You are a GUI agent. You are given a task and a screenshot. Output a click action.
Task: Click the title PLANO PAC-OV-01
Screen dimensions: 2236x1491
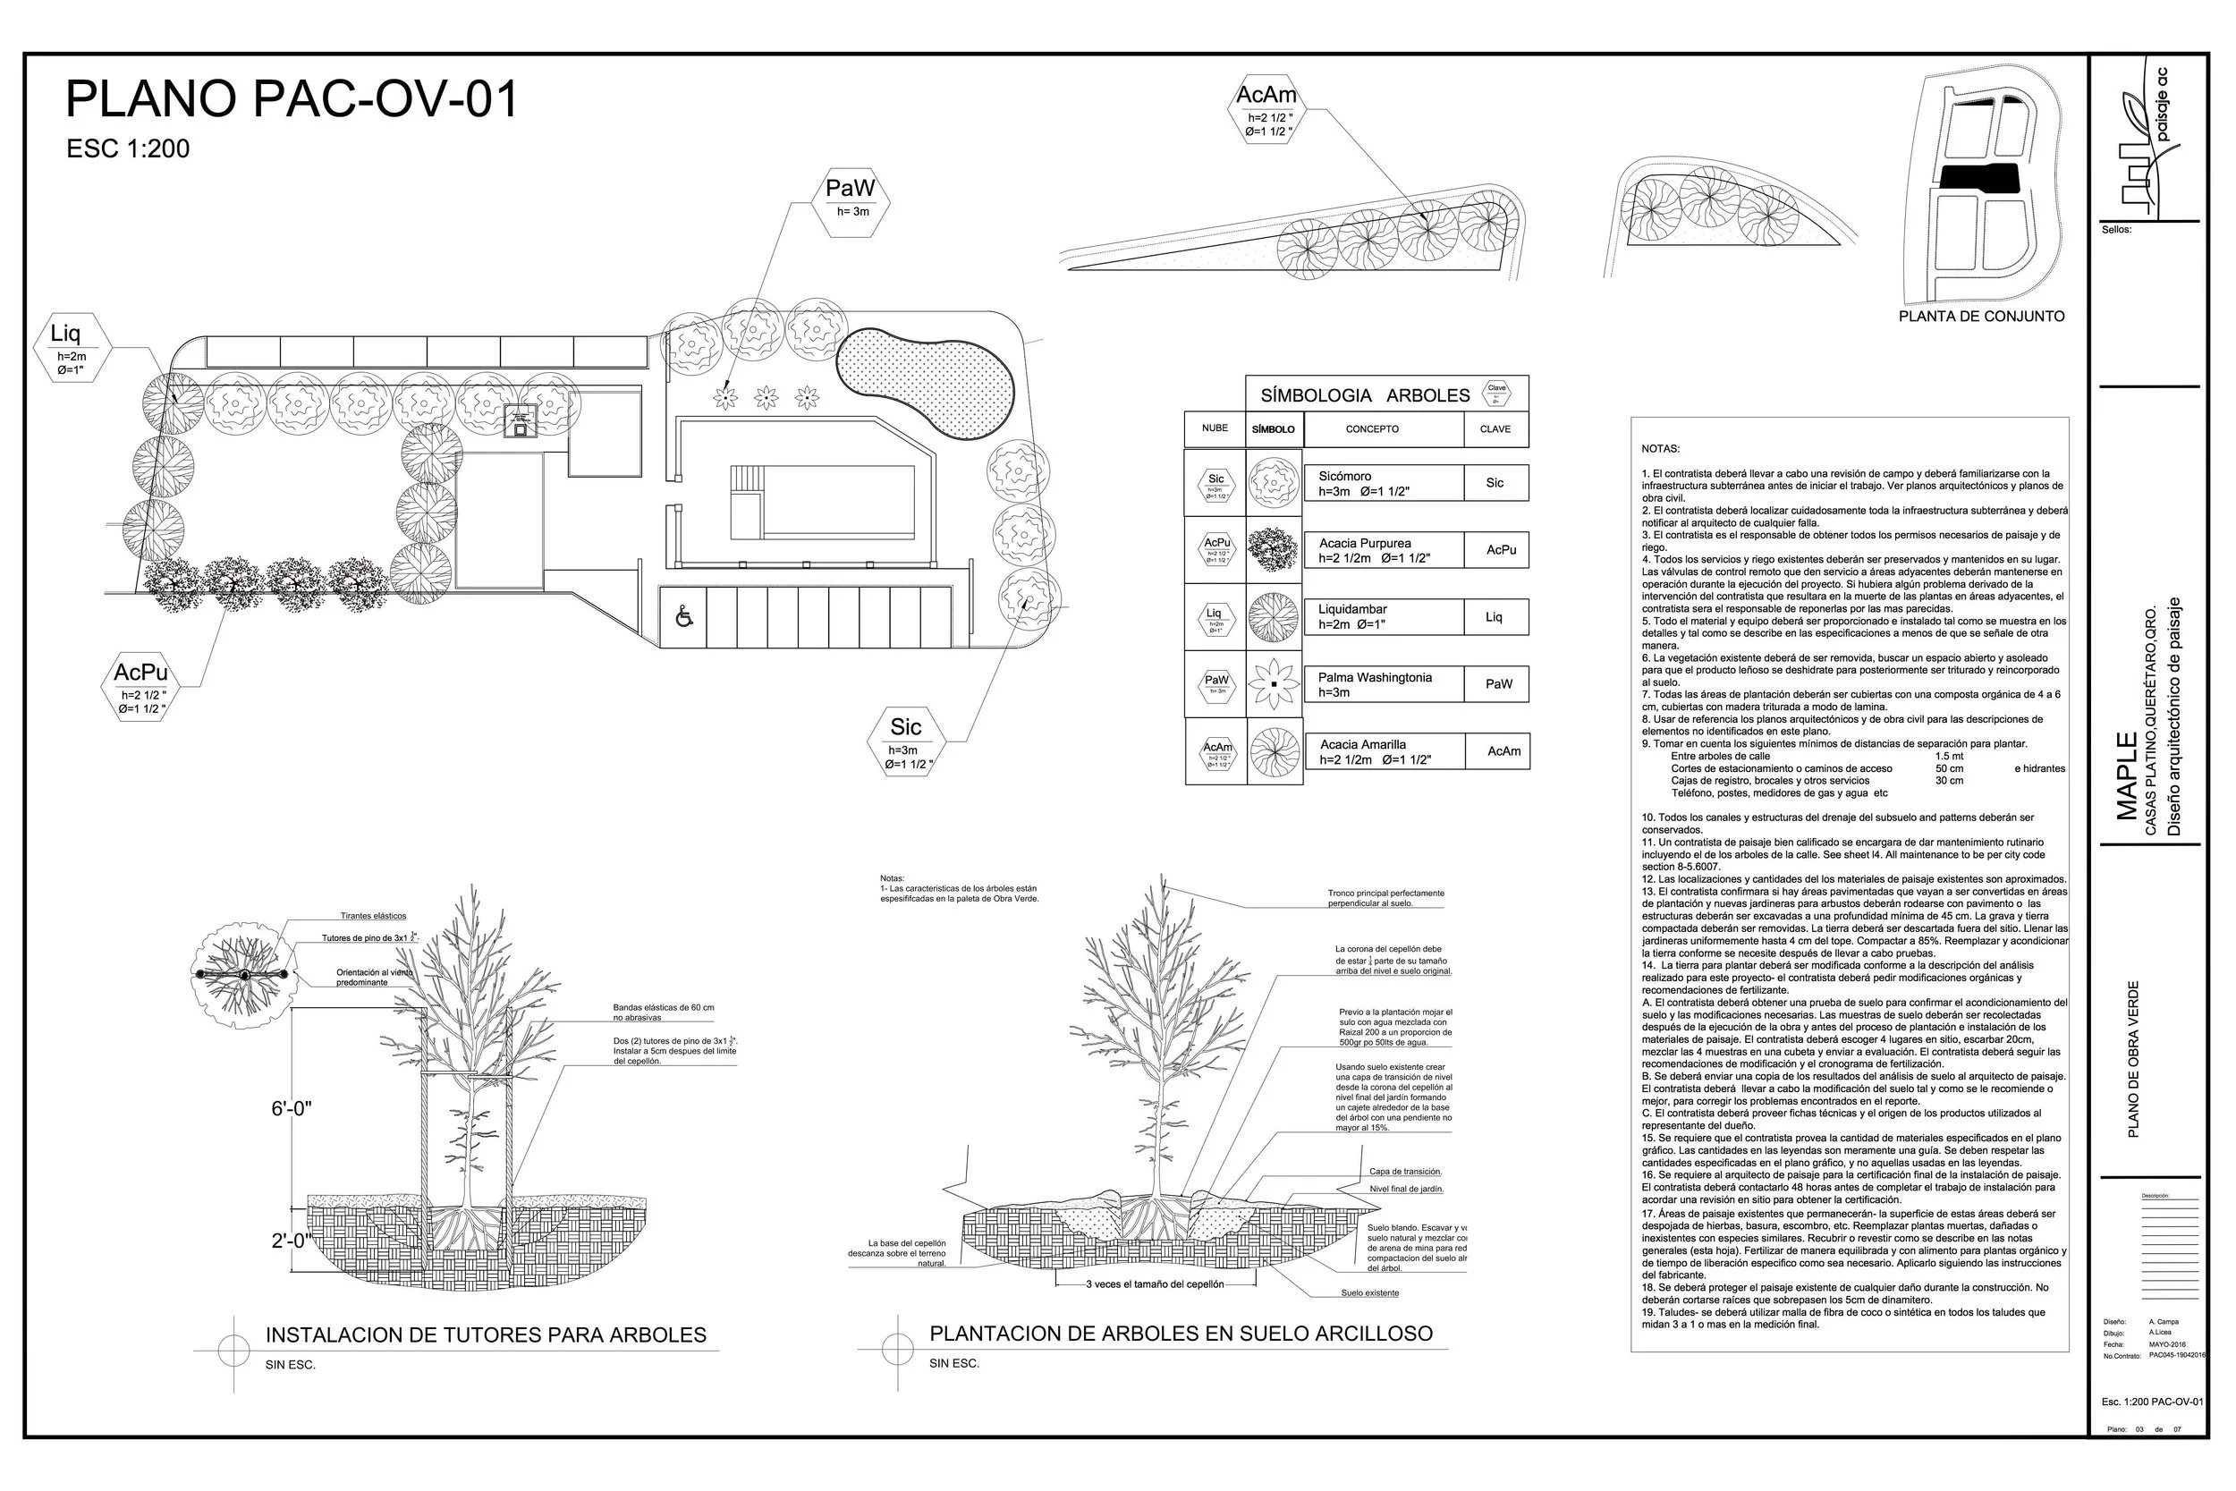pos(292,100)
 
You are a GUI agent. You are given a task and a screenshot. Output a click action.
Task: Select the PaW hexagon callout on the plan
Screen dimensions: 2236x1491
pos(851,198)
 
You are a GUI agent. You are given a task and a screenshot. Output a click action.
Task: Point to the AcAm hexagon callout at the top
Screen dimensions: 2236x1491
pos(1266,109)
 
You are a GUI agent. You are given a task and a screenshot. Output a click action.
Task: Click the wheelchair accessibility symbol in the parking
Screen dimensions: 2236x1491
pos(683,617)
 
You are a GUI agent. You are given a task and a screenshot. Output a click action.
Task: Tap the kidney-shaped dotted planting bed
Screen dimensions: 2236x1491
pos(927,380)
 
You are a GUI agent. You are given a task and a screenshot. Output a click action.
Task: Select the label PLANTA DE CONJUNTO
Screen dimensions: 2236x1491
pos(1981,317)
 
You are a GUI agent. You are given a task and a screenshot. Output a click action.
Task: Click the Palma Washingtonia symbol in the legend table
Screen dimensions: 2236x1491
pos(1273,684)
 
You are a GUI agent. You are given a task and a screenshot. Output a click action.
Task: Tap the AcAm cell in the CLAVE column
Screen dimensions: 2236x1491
pos(1503,751)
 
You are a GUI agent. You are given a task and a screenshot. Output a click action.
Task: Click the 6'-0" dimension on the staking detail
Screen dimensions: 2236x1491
pos(292,1108)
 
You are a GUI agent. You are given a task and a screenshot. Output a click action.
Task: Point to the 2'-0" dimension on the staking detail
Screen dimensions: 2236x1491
pos(290,1241)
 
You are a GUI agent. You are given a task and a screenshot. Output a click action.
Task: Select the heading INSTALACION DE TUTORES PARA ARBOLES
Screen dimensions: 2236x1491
pos(486,1335)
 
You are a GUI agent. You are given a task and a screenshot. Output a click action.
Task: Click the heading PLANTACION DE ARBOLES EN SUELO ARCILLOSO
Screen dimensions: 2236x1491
pos(1181,1334)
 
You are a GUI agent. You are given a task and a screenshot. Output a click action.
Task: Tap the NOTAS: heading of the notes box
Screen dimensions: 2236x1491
pos(1660,449)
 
